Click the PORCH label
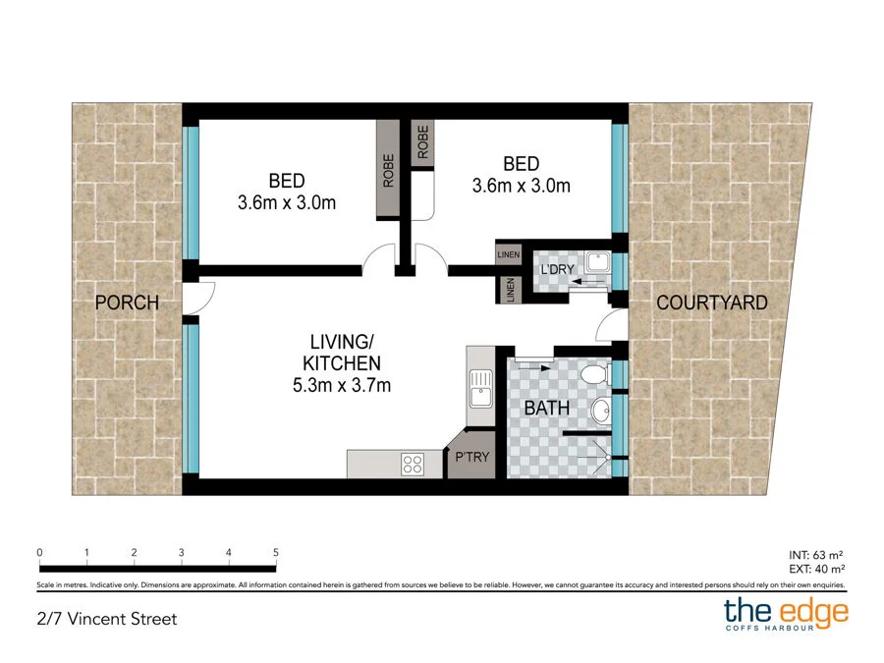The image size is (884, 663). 127,303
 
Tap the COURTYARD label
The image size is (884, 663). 711,303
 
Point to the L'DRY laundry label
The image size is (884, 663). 552,268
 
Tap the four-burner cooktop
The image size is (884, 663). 412,463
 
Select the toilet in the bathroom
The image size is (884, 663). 592,375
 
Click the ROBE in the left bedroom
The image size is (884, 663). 389,171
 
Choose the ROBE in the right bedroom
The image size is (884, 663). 423,143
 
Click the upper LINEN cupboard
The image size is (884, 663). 508,254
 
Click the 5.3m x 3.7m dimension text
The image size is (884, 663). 343,385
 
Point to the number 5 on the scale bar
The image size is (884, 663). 276,553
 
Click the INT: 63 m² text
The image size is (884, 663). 817,555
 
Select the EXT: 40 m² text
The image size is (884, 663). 817,569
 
